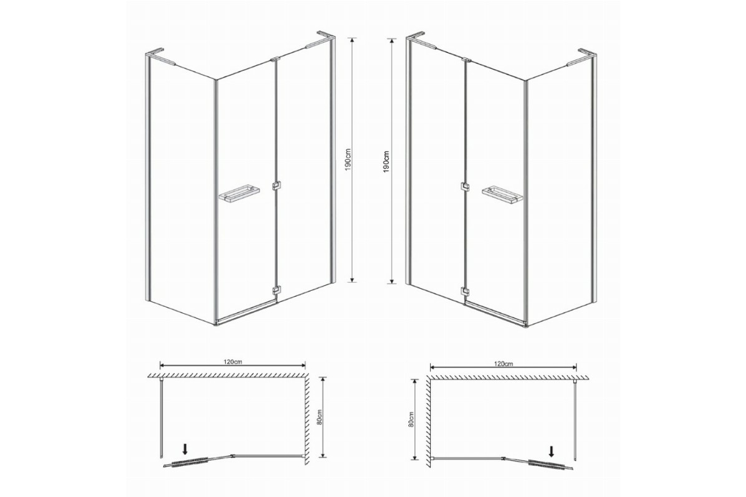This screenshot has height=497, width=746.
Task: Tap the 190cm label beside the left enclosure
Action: tap(348, 160)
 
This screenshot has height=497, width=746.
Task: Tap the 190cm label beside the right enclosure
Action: tap(386, 162)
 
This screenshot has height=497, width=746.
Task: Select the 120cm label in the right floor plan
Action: tap(504, 364)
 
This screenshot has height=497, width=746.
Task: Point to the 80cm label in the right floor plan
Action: tap(412, 419)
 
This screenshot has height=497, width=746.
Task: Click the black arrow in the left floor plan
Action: tap(185, 450)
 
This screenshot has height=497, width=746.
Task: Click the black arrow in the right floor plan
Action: tap(551, 452)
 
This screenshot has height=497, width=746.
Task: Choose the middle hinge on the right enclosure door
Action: tap(465, 187)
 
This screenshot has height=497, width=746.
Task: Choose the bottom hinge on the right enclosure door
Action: tap(465, 291)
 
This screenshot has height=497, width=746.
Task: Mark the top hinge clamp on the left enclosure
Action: tap(274, 60)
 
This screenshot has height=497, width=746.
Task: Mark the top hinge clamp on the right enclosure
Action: tap(467, 60)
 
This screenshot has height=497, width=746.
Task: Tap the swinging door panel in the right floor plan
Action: tap(538, 463)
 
